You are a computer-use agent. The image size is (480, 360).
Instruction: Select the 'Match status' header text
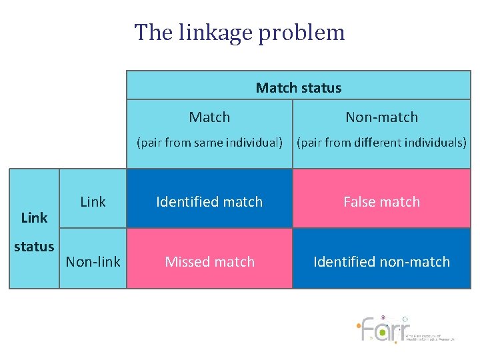coord(298,88)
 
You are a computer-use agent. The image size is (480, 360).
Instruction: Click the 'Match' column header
coord(209,117)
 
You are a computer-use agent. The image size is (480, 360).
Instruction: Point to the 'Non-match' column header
coord(381,117)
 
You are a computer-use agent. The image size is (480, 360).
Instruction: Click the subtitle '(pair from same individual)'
coord(209,142)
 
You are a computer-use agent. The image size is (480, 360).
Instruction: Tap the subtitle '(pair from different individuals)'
coord(381,142)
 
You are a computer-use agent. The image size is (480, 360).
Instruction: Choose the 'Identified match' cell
coord(209,202)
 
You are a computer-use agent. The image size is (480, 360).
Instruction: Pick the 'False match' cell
coord(381,202)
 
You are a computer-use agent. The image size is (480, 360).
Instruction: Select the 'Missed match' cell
coord(209,262)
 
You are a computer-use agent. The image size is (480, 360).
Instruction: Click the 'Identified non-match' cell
coord(381,262)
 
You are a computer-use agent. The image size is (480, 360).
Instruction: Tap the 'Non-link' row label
coord(93,262)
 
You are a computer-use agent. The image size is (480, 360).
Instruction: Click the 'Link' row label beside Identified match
coord(93,202)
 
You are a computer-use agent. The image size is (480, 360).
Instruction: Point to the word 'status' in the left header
coord(34,247)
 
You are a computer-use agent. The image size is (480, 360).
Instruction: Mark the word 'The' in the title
coord(148,33)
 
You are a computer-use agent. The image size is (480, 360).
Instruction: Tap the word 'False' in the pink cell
coord(359,202)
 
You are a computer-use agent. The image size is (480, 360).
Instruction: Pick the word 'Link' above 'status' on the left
coord(34,218)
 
